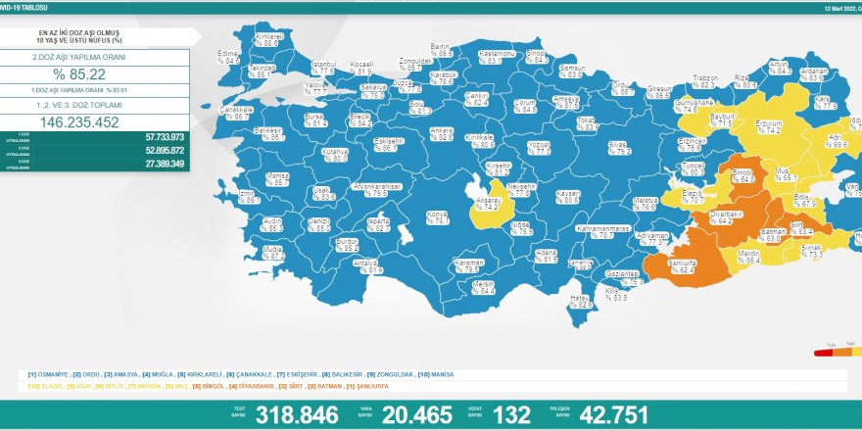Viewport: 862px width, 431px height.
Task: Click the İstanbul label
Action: [323, 67]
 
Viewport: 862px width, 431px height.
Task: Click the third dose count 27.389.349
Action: [166, 164]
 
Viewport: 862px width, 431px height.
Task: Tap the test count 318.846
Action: [297, 414]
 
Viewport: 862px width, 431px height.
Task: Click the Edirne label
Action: [229, 56]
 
